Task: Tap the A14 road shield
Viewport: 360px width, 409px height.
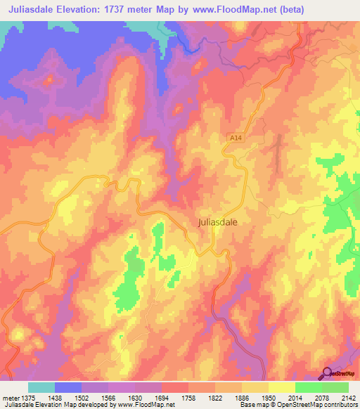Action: (235, 139)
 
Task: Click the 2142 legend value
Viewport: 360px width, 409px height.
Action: (347, 398)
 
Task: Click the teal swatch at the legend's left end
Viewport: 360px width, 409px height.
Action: (41, 387)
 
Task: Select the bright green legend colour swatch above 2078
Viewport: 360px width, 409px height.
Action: (308, 387)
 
